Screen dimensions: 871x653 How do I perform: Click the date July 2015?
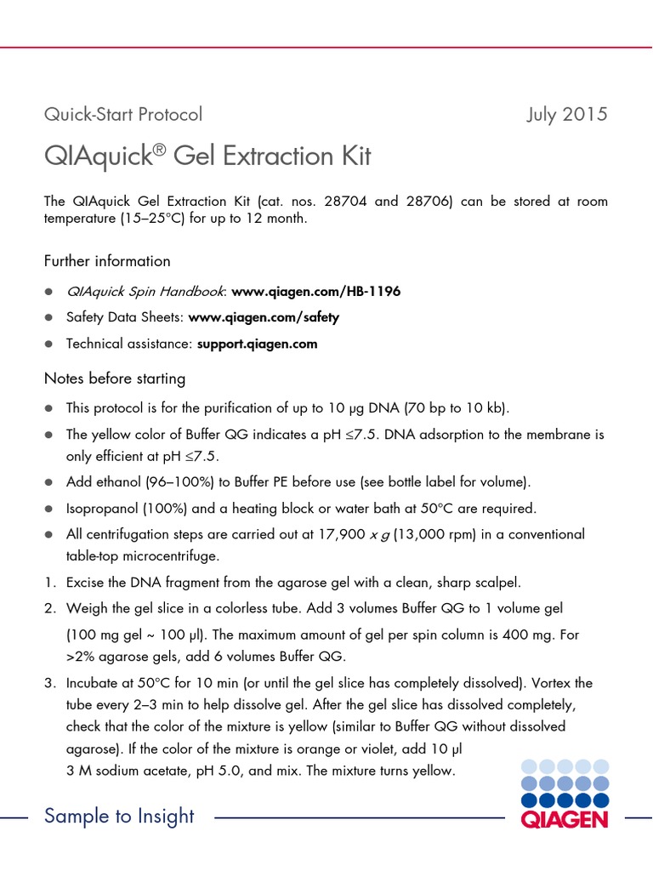tap(567, 114)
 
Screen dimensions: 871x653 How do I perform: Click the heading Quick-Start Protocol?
tap(123, 114)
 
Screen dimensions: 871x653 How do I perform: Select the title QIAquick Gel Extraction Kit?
tap(207, 157)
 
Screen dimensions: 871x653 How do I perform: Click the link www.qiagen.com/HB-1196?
tap(315, 291)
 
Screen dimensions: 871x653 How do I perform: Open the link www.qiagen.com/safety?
tap(264, 317)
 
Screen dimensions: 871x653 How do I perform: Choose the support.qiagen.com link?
tap(257, 344)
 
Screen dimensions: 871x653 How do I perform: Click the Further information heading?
tap(107, 261)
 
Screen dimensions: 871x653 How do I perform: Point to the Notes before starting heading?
tap(115, 379)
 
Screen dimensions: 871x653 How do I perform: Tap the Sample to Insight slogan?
tap(119, 817)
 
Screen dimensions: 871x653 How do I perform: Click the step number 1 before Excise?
tap(49, 583)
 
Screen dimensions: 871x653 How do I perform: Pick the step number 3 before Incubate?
tap(49, 683)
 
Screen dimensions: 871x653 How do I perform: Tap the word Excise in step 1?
tap(86, 583)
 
